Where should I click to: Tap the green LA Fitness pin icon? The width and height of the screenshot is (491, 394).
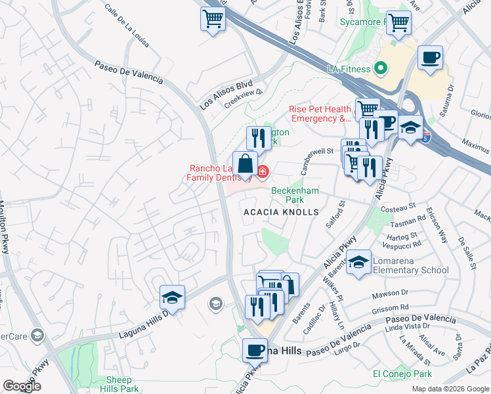coord(379,68)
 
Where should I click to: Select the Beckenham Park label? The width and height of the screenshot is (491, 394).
coord(295,195)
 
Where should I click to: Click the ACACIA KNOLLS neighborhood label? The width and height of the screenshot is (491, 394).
coord(281,212)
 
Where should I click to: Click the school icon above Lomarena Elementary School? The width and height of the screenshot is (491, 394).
coord(359,263)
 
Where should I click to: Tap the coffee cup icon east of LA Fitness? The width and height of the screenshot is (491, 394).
coord(430,58)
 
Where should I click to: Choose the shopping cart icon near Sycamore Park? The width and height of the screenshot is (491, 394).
coord(398,22)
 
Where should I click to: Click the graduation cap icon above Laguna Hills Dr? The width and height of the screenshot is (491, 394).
coord(172,297)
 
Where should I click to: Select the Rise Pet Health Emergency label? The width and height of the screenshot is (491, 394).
coord(320,114)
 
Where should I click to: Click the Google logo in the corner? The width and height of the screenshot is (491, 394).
coord(22,386)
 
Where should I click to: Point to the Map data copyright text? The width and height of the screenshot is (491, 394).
coord(450,389)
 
